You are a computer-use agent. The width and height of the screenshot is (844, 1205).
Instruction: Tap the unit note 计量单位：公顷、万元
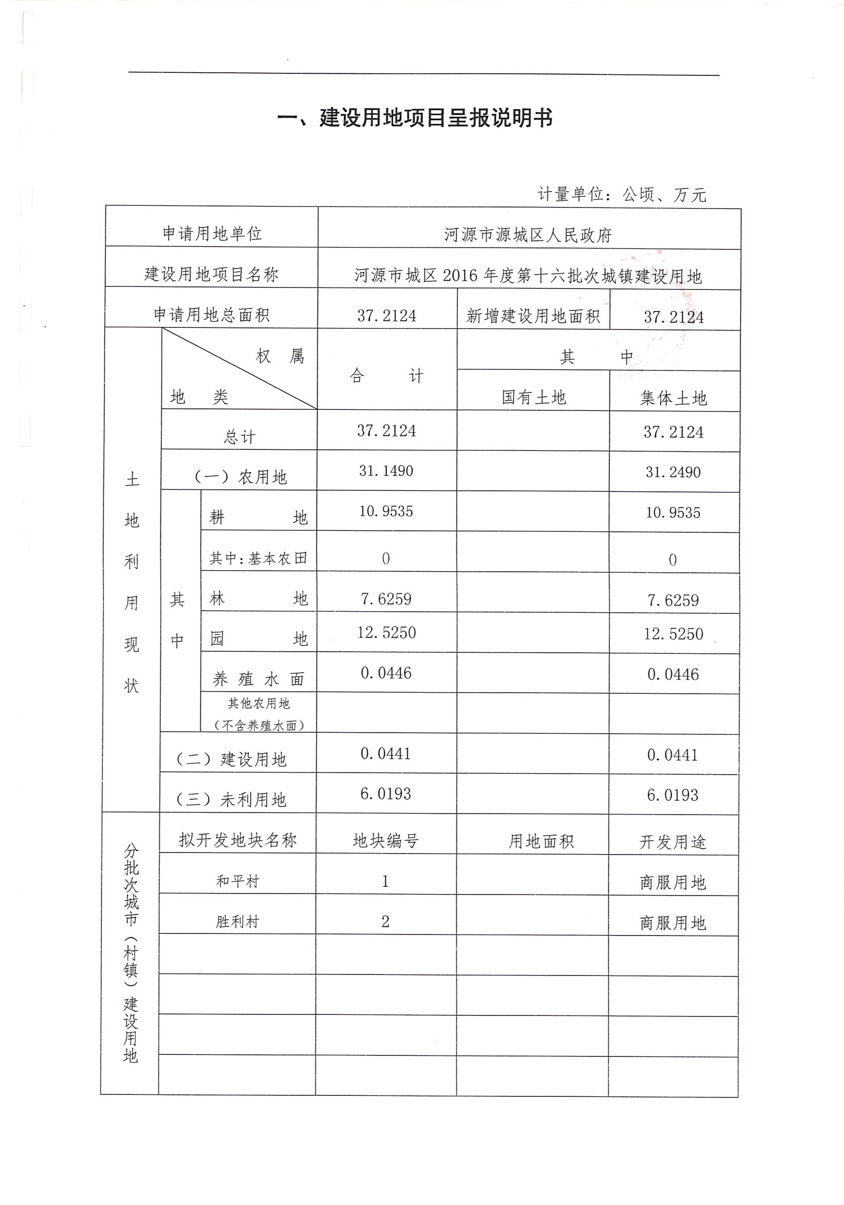[x=622, y=195]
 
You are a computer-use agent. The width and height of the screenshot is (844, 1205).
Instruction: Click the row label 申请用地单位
[x=212, y=234]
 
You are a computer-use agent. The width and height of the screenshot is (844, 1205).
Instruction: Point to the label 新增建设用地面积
[x=533, y=316]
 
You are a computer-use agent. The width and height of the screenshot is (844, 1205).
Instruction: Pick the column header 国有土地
[x=534, y=397]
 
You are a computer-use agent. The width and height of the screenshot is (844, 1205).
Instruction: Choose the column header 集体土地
[x=673, y=399]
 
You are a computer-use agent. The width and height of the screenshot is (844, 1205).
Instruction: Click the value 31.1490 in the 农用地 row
[x=386, y=471]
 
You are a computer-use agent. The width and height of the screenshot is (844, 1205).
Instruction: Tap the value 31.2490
[x=673, y=472]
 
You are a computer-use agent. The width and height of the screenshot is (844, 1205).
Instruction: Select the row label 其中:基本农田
[x=258, y=558]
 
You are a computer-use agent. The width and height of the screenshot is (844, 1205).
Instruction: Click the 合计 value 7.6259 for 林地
[x=386, y=599]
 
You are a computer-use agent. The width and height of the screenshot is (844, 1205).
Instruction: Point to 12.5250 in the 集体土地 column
[x=673, y=634]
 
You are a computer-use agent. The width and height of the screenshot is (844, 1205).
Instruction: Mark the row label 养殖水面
[x=258, y=680]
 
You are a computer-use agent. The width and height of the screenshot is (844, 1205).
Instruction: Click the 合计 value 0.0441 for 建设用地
[x=386, y=754]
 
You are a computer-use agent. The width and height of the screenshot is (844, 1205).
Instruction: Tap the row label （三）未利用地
[x=231, y=799]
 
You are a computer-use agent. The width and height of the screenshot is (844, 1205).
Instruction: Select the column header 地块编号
[x=386, y=841]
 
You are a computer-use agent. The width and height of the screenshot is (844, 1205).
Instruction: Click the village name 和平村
[x=238, y=881]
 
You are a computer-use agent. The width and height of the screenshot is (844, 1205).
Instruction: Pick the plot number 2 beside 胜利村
[x=386, y=922]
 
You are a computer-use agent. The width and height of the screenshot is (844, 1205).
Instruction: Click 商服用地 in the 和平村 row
[x=673, y=883]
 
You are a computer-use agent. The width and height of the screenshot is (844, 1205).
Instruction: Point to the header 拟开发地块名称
[x=238, y=840]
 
